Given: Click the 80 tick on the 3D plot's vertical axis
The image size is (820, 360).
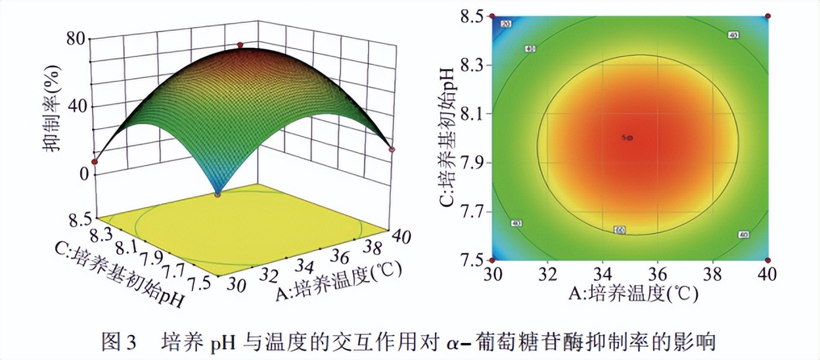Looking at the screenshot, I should pos(74,38).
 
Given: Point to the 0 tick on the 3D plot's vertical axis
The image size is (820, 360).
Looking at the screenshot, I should pos(83,174).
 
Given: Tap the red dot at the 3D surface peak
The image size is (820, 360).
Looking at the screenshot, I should pos(240,45).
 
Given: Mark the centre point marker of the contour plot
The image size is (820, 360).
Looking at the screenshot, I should pos(629,137).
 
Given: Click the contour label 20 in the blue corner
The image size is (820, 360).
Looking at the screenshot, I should pos(506,24).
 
